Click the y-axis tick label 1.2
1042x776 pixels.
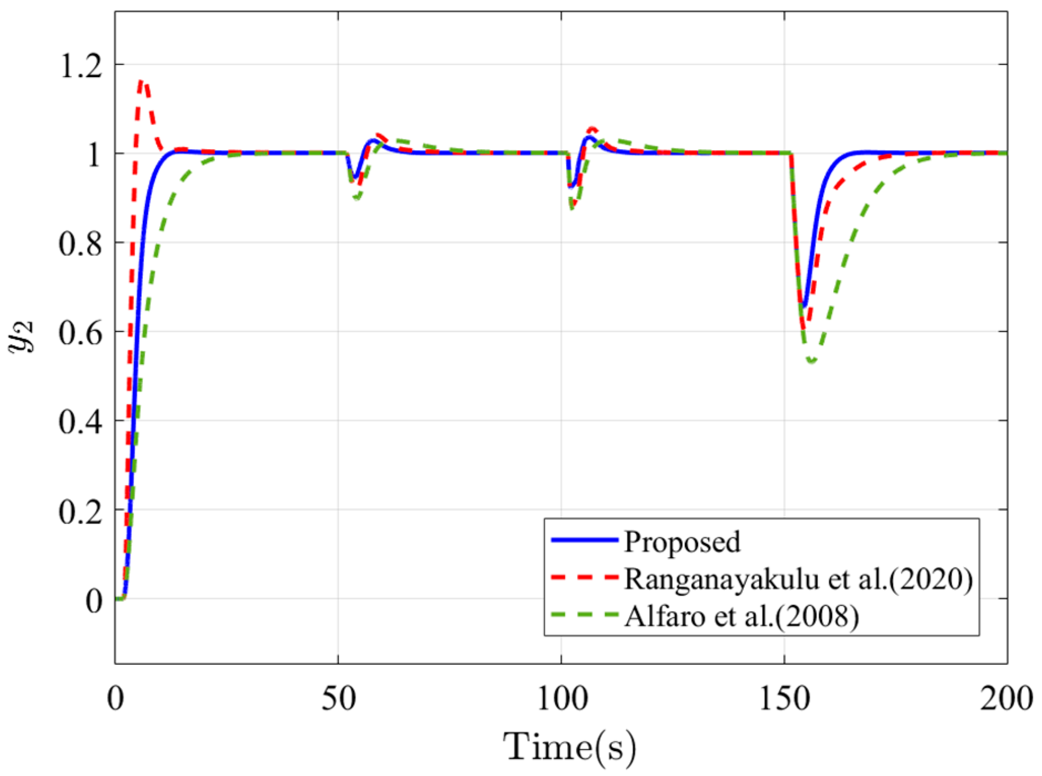pos(81,67)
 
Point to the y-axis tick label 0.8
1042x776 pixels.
pos(81,244)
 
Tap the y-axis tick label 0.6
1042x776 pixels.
pos(81,333)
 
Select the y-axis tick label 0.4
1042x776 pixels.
pos(81,422)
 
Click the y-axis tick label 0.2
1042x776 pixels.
pos(81,512)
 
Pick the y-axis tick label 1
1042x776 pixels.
pos(94,155)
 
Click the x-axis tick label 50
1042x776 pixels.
pos(338,700)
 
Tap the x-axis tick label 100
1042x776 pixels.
pos(562,700)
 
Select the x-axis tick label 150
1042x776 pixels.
pos(784,700)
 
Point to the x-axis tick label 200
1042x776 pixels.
pos(1006,700)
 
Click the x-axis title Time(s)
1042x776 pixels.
pos(569,747)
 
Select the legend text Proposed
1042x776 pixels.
pos(682,542)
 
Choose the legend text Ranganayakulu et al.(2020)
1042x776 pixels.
pos(798,579)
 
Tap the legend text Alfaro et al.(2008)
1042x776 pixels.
pos(742,616)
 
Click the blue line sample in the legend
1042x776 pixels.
pos(584,539)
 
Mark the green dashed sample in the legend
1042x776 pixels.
pos(584,614)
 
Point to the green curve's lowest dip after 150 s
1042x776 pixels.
pos(812,361)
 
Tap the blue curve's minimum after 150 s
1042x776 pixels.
pos(804,306)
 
